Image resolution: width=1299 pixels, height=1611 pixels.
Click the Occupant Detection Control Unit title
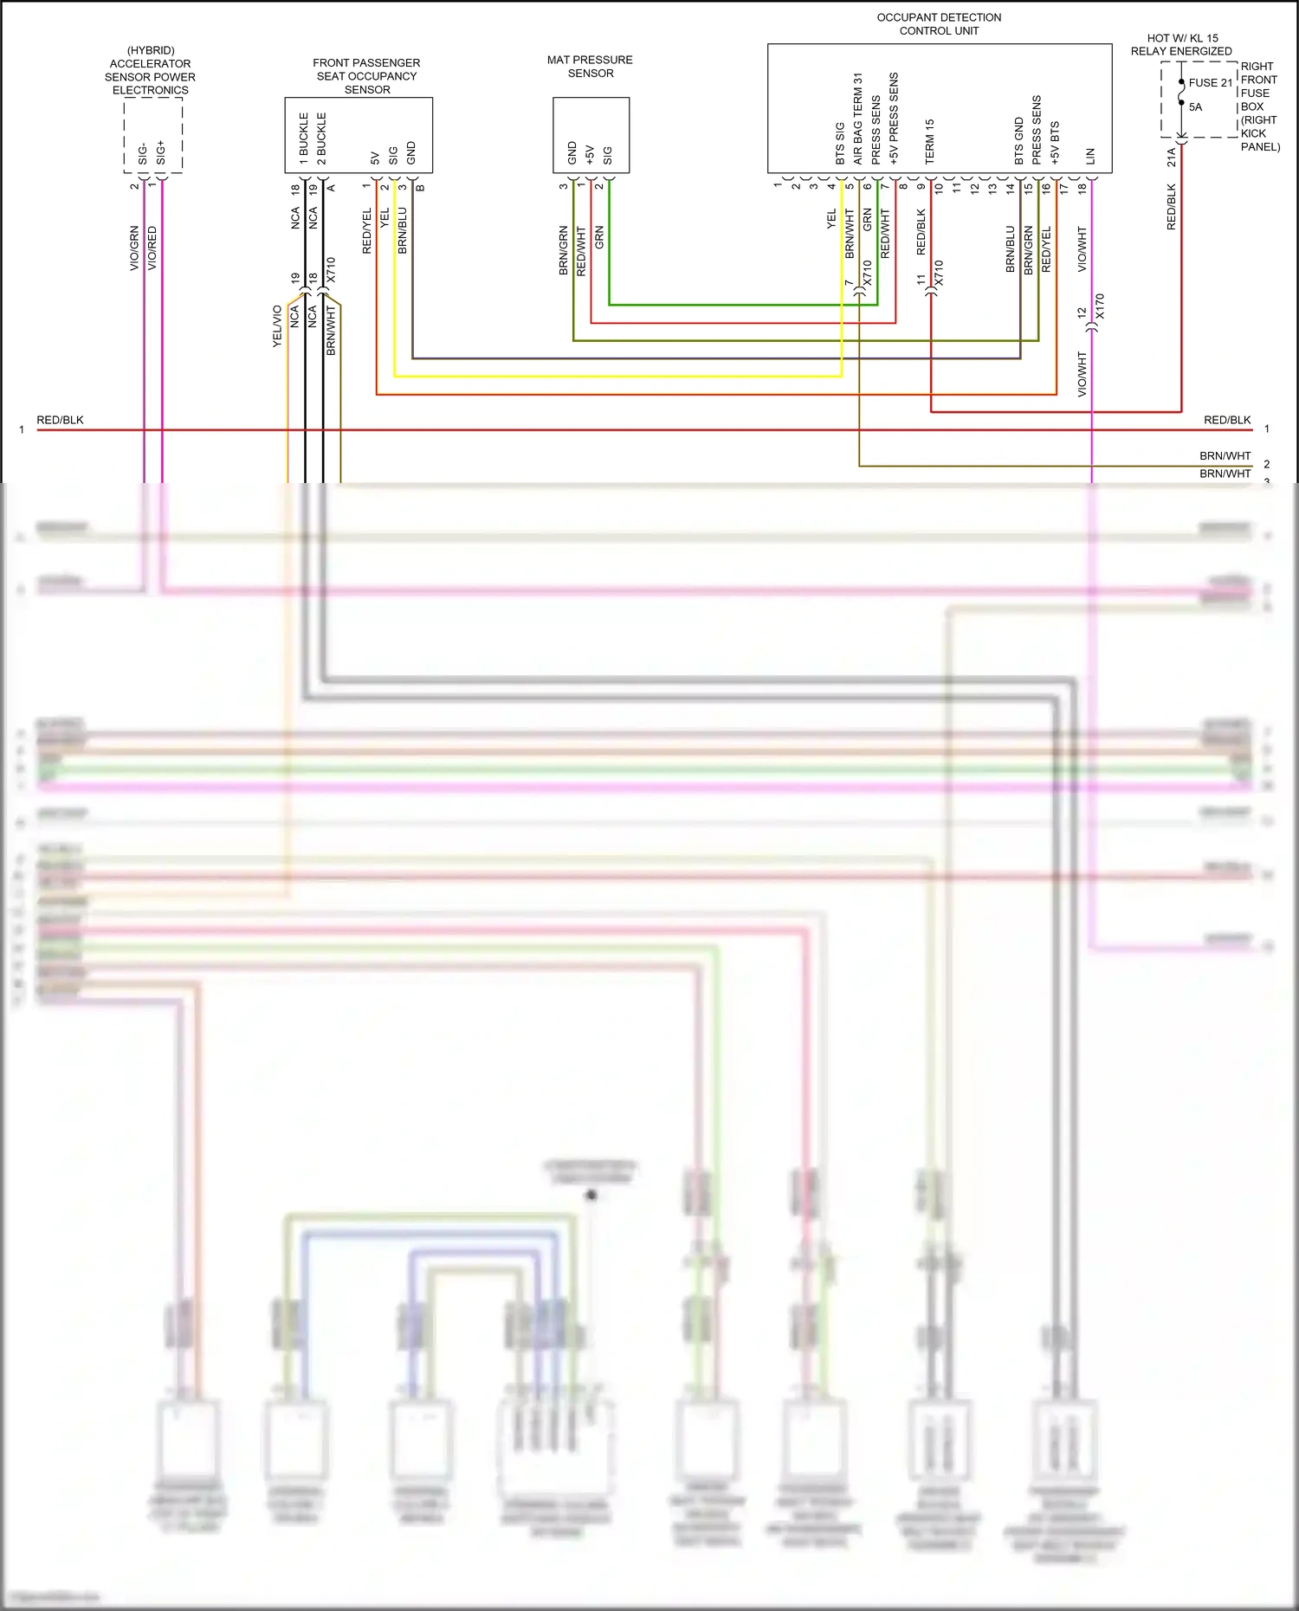[939, 24]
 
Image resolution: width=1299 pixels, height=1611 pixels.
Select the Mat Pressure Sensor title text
[590, 67]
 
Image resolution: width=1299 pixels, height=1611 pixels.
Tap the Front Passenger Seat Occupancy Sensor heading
[366, 76]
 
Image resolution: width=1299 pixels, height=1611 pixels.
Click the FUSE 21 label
[1210, 83]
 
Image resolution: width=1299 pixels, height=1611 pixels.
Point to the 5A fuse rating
[1195, 107]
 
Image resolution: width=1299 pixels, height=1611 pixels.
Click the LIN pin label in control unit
[1090, 157]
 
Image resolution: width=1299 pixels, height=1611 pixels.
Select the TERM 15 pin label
[929, 142]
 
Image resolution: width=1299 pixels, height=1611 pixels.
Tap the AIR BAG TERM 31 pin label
[857, 119]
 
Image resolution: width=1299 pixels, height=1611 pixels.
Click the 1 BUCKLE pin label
[304, 139]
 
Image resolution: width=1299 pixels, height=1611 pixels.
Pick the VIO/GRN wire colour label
[134, 248]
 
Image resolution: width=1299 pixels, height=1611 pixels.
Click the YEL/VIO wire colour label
[277, 326]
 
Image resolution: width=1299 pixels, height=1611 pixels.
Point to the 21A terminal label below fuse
[1171, 157]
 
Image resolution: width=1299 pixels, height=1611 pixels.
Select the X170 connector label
[1100, 306]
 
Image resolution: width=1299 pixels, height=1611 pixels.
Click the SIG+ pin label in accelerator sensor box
[160, 152]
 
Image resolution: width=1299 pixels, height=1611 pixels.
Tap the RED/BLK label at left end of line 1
[60, 420]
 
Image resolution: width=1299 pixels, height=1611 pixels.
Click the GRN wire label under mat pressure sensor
[599, 238]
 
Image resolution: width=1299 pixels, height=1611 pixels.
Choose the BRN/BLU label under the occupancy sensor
[402, 230]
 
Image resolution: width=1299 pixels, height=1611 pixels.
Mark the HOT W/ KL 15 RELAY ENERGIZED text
[1181, 45]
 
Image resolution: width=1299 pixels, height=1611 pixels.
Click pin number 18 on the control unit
[1082, 188]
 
